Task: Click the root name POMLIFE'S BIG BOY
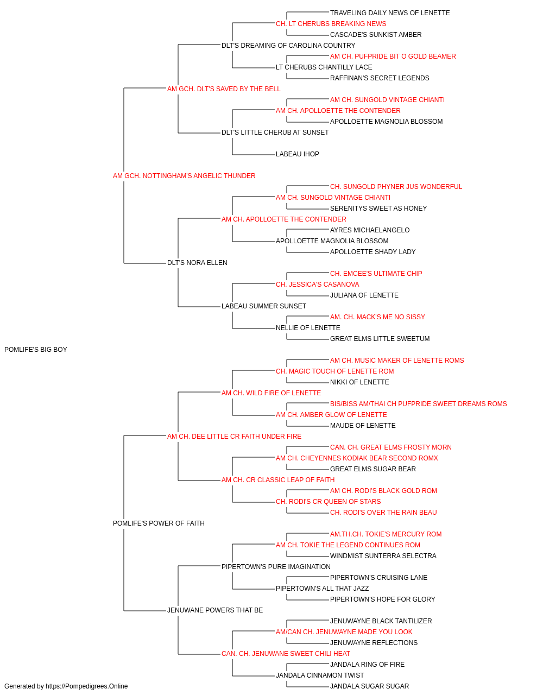coord(35,350)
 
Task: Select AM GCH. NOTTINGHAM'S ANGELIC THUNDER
coord(184,176)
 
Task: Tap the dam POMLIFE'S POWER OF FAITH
coord(159,523)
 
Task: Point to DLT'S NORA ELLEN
coord(197,263)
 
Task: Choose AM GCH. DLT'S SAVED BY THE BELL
coord(224,89)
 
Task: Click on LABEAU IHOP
coord(298,154)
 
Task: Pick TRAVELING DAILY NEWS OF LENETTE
coord(390,13)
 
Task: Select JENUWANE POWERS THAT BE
coord(215,610)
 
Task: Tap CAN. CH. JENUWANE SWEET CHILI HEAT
coord(286,654)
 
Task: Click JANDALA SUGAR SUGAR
coord(369,686)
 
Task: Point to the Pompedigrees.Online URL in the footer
coord(86,686)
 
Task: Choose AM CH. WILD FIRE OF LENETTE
coord(271,393)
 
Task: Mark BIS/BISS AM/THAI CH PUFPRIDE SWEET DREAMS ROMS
coord(418,404)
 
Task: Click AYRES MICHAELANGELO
coord(370,230)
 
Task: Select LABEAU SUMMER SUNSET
coord(264,306)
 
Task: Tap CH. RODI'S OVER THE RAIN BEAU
coord(383,513)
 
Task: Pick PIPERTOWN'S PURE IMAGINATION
coord(276,567)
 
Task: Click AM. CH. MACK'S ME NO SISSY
coord(377,317)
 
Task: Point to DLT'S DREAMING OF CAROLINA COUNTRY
coord(288,46)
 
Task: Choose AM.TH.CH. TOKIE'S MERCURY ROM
coord(386,534)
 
